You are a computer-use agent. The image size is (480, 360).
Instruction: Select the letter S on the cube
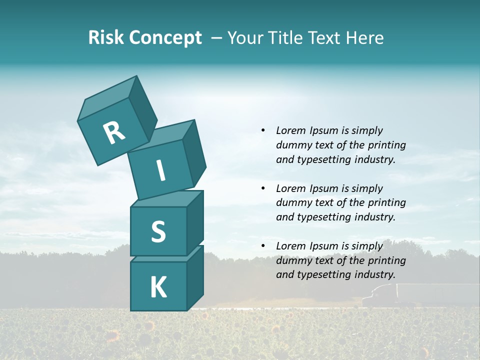[158, 231]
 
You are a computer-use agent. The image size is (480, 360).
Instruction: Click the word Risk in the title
[105, 38]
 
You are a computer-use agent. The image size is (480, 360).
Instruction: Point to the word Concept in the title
[165, 38]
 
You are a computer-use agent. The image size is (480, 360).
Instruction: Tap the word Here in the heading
[363, 38]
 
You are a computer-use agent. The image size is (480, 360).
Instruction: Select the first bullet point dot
[263, 130]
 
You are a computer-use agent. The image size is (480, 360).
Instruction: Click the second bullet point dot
[263, 188]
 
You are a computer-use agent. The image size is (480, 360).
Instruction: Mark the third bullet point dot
[263, 246]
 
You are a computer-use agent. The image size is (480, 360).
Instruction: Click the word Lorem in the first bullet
[290, 130]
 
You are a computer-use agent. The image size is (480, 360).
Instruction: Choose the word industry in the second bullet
[374, 217]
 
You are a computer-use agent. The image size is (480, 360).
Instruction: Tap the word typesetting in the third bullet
[321, 274]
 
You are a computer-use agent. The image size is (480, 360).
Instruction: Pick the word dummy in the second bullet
[293, 202]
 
